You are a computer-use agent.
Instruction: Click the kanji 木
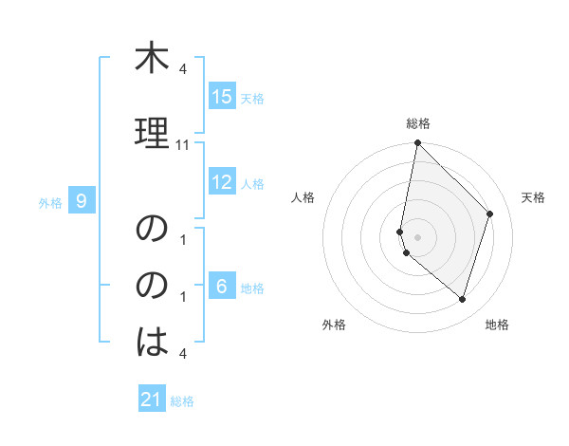[152, 60]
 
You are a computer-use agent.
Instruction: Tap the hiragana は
[152, 342]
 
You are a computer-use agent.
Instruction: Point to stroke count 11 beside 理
[183, 145]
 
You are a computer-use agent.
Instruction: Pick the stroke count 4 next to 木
[183, 70]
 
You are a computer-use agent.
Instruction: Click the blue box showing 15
[222, 97]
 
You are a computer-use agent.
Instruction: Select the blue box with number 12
[222, 182]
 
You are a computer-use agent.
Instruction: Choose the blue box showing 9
[83, 200]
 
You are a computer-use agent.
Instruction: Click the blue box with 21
[152, 400]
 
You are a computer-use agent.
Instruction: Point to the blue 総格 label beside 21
[182, 401]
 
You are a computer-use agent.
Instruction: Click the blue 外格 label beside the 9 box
[50, 202]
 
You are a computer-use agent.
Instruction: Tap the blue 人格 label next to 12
[252, 184]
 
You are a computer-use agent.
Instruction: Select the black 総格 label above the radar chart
[417, 124]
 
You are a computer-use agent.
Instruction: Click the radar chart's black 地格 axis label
[497, 325]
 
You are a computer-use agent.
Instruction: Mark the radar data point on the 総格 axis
[417, 143]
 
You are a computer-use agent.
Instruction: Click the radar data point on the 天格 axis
[490, 214]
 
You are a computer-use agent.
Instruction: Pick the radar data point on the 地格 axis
[462, 299]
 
